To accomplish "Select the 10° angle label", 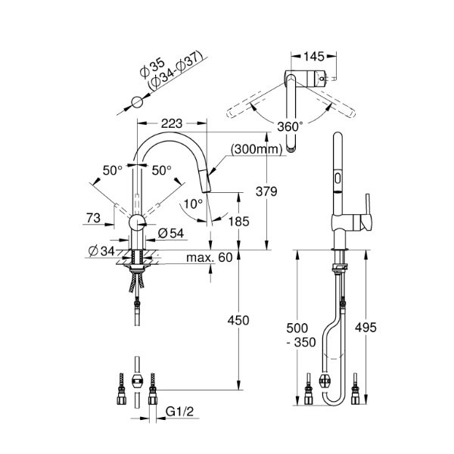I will point(192,203).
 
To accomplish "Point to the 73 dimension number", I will point(93,219).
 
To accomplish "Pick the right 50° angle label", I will point(161,169).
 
